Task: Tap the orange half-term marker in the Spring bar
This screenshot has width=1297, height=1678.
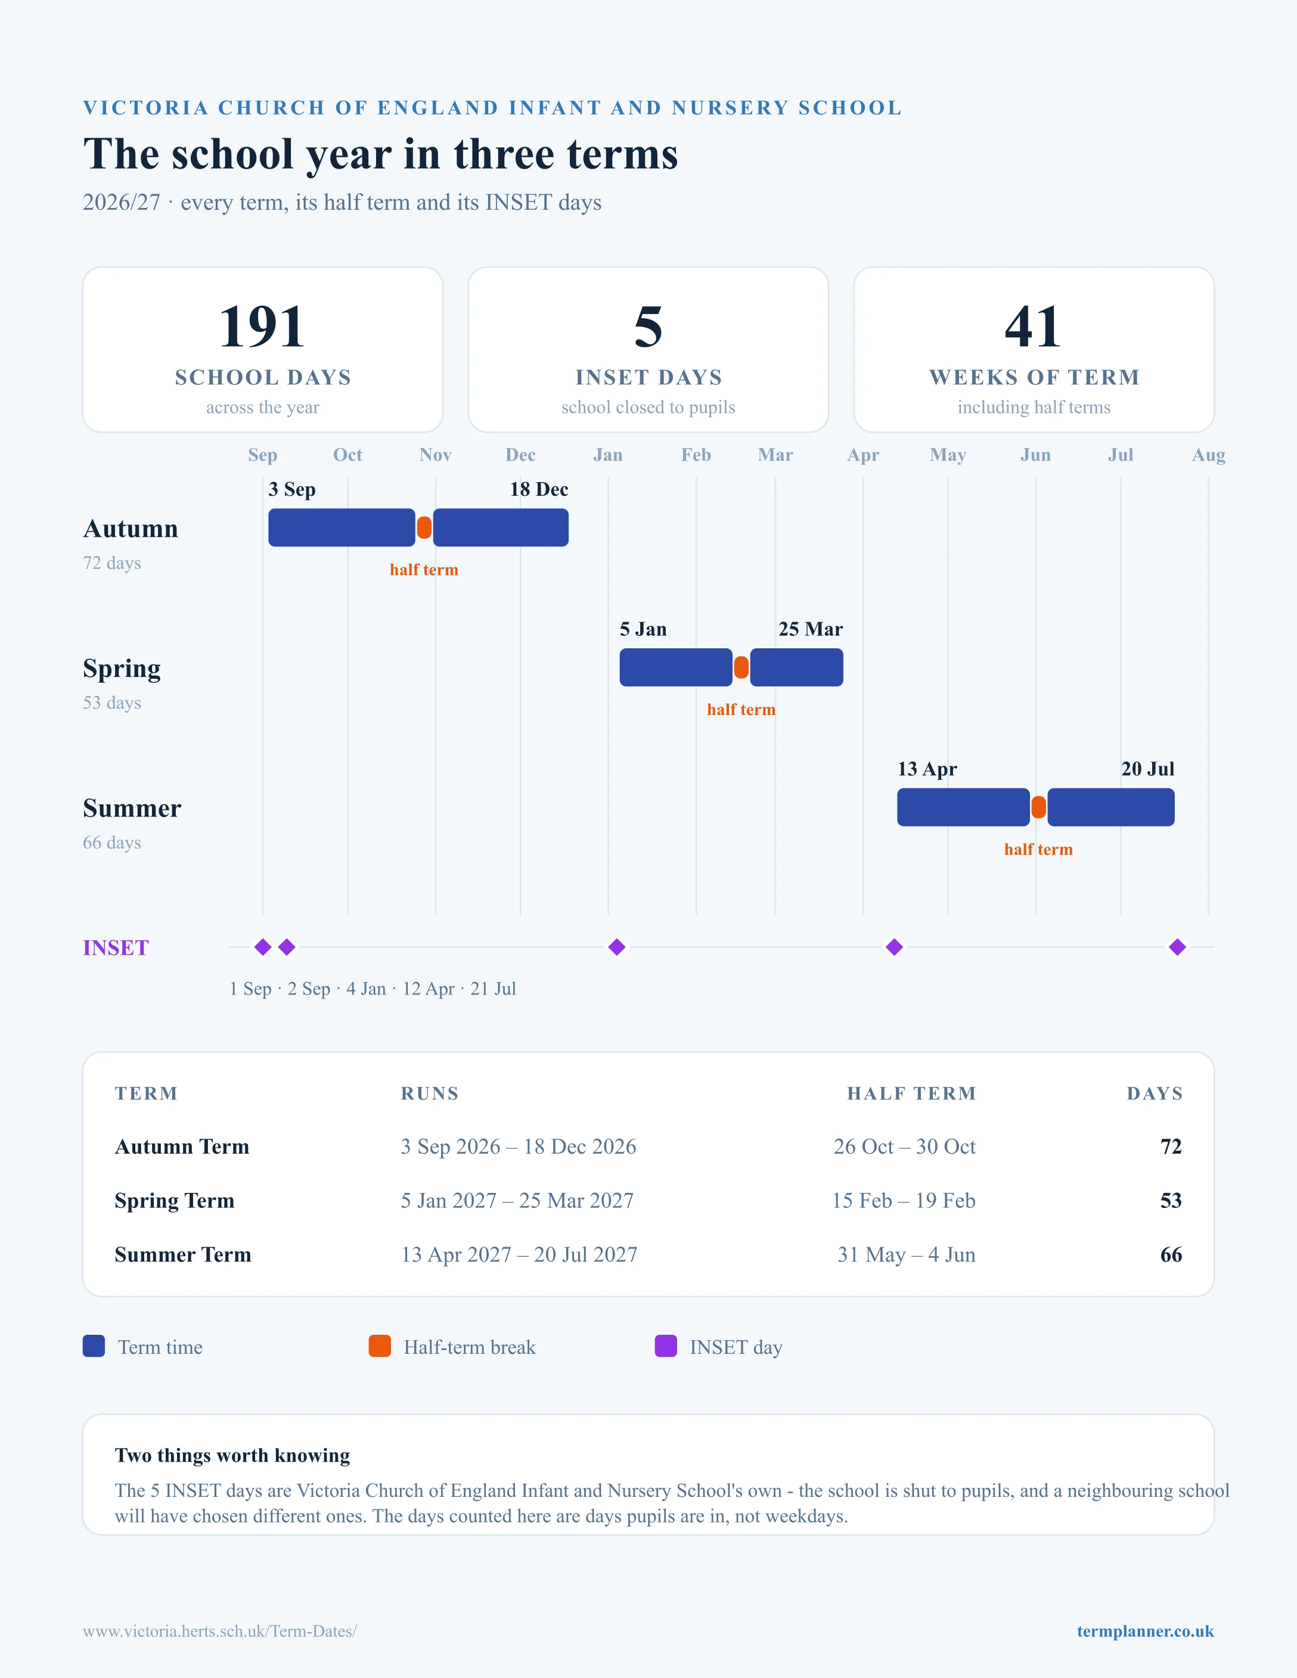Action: (x=741, y=667)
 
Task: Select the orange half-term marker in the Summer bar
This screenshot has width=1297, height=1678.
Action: (x=1038, y=807)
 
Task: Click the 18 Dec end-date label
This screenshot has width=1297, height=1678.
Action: (x=539, y=489)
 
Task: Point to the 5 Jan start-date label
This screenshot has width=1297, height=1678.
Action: (x=643, y=629)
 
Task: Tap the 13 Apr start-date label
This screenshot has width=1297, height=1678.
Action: (x=927, y=769)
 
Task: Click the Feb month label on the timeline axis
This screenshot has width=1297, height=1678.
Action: (x=696, y=455)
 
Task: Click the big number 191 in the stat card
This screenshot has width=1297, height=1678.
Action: (x=262, y=327)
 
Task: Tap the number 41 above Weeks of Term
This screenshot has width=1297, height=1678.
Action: (x=1034, y=327)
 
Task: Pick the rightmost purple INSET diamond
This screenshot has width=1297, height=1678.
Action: (x=1177, y=947)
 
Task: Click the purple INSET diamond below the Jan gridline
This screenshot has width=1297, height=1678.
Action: (x=616, y=947)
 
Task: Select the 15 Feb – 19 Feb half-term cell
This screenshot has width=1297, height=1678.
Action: (x=904, y=1200)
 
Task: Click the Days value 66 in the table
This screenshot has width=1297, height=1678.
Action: (x=1171, y=1255)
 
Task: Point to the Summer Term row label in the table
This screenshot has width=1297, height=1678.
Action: (x=183, y=1255)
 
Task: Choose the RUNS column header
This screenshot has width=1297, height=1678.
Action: (x=430, y=1093)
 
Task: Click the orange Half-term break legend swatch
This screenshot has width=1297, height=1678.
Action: (x=380, y=1346)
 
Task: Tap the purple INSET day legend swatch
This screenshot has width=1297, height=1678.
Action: (x=665, y=1346)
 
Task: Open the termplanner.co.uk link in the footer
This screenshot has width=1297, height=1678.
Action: (x=1145, y=1631)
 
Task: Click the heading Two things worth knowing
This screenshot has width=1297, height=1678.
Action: (x=232, y=1455)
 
